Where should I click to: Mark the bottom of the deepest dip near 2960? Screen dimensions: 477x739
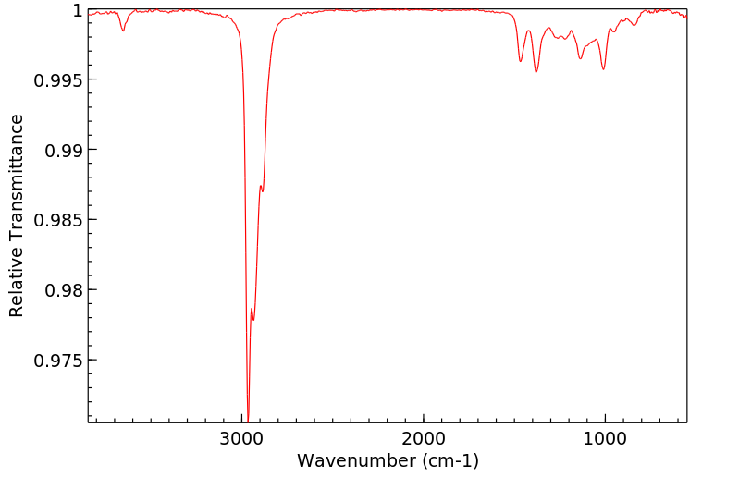(x=248, y=419)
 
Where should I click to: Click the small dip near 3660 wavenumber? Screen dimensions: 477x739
(x=123, y=31)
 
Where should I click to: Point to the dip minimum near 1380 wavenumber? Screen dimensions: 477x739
(x=536, y=72)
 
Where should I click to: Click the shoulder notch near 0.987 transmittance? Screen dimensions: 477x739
(x=262, y=188)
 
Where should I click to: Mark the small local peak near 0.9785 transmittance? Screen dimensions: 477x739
(x=252, y=309)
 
